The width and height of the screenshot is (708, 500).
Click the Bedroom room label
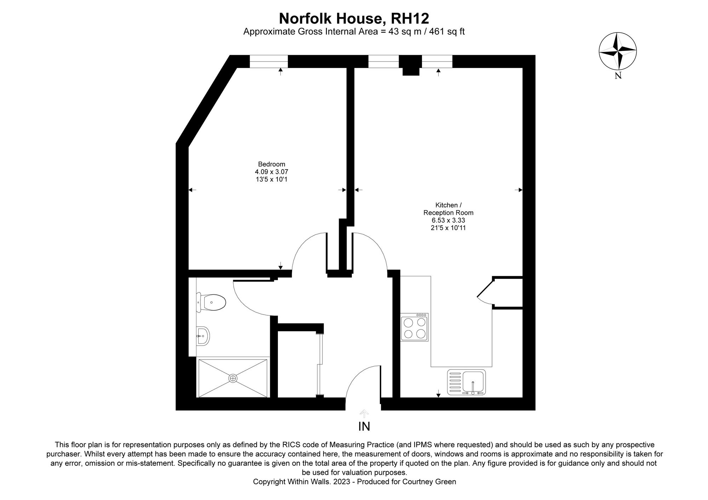pyautogui.click(x=272, y=164)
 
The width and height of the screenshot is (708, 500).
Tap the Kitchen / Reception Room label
pyautogui.click(x=449, y=209)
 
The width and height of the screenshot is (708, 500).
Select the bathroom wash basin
pyautogui.click(x=203, y=335)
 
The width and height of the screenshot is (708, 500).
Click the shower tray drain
pyautogui.click(x=233, y=378)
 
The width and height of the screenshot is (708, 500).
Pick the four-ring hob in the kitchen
pyautogui.click(x=415, y=327)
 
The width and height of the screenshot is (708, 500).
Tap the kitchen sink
pyautogui.click(x=467, y=382)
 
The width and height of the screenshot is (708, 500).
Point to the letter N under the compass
pyautogui.click(x=618, y=75)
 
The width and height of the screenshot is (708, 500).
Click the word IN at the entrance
pyautogui.click(x=364, y=427)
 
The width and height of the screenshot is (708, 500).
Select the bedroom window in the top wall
pyautogui.click(x=269, y=61)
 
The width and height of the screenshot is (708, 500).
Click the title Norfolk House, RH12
pyautogui.click(x=354, y=18)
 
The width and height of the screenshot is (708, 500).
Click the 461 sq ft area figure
pyautogui.click(x=447, y=32)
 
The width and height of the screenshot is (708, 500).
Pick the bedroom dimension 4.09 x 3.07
pyautogui.click(x=272, y=172)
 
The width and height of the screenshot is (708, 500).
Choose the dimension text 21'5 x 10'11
pyautogui.click(x=449, y=228)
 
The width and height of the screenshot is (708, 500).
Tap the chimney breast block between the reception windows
pyautogui.click(x=411, y=65)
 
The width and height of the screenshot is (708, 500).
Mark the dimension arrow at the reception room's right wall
pyautogui.click(x=519, y=190)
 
